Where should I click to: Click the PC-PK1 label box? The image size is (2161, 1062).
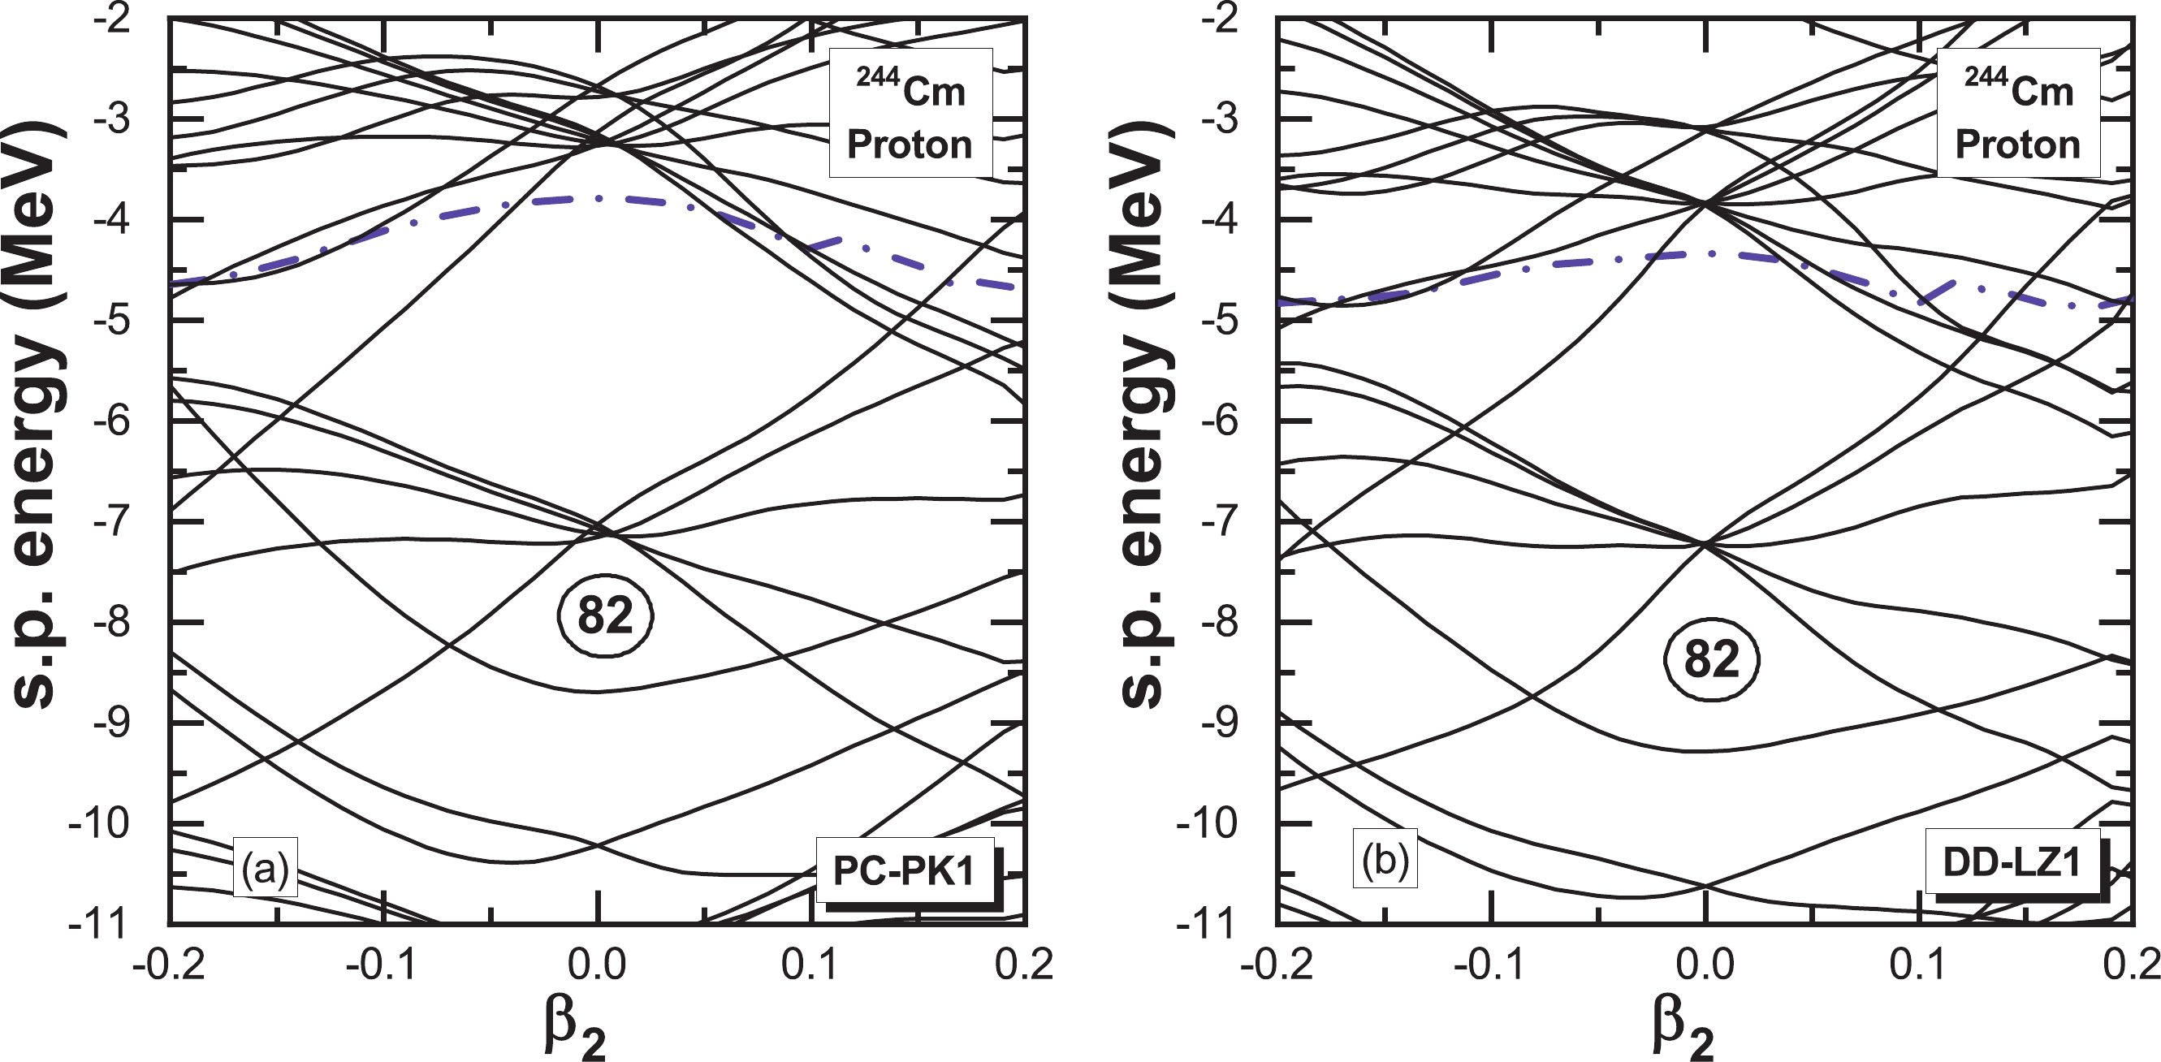[905, 870]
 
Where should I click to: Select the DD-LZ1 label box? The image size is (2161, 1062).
[2012, 863]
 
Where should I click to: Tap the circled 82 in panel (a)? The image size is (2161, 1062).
[605, 616]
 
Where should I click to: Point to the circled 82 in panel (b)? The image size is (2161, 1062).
[1711, 660]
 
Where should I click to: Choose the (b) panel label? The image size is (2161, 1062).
[1384, 860]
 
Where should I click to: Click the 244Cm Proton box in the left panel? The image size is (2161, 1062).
[911, 113]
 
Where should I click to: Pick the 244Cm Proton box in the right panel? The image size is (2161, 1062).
[2019, 113]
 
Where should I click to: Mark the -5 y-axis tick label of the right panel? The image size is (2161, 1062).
[1224, 321]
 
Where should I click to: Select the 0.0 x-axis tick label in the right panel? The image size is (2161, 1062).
[1705, 965]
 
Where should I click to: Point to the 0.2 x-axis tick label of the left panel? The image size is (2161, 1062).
[1023, 965]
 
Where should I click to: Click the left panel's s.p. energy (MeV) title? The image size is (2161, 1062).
[41, 415]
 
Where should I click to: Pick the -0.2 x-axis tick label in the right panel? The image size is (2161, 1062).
[1277, 965]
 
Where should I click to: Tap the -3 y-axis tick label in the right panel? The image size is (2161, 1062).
[1224, 119]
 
